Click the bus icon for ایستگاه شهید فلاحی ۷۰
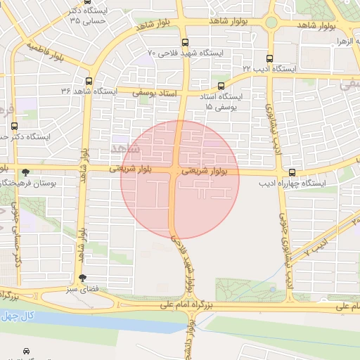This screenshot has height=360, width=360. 184,42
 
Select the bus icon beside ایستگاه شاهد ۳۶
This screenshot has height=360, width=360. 88,81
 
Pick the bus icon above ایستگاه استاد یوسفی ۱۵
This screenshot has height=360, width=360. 221,86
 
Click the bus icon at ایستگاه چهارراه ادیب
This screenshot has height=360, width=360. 292,173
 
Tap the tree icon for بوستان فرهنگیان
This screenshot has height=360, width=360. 26,172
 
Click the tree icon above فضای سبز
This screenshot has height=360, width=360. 83,278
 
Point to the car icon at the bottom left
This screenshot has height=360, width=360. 26,350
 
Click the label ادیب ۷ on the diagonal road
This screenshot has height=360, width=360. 319,247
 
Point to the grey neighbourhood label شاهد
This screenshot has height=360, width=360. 125,148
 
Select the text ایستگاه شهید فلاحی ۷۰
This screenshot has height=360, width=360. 186,53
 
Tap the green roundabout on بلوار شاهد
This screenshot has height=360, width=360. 271,22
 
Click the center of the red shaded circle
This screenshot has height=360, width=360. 180,180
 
